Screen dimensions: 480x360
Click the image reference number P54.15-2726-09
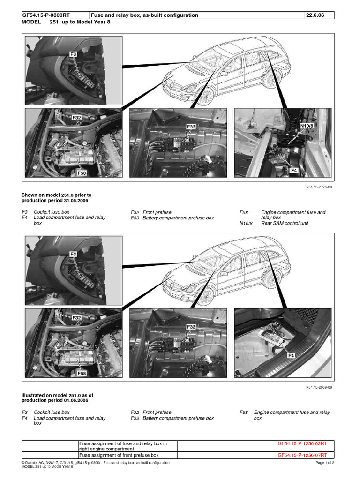pyautogui.click(x=319, y=187)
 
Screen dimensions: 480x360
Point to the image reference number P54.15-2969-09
pyautogui.click(x=319, y=387)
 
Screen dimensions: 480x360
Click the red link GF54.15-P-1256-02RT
pyautogui.click(x=302, y=443)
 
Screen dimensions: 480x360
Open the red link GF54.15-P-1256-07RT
pyautogui.click(x=302, y=455)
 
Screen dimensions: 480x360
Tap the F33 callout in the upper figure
pyautogui.click(x=191, y=127)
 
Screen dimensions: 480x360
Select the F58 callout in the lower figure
pyautogui.click(x=82, y=373)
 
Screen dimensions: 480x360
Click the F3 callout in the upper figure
pyautogui.click(x=73, y=54)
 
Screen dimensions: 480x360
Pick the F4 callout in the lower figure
pyautogui.click(x=291, y=356)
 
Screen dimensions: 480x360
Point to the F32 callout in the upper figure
pyautogui.click(x=76, y=118)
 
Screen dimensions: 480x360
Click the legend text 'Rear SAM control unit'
pyautogui.click(x=285, y=223)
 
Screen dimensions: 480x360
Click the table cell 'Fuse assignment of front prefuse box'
pyautogui.click(x=119, y=455)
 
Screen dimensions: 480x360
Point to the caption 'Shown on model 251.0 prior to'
pyautogui.click(x=57, y=195)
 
